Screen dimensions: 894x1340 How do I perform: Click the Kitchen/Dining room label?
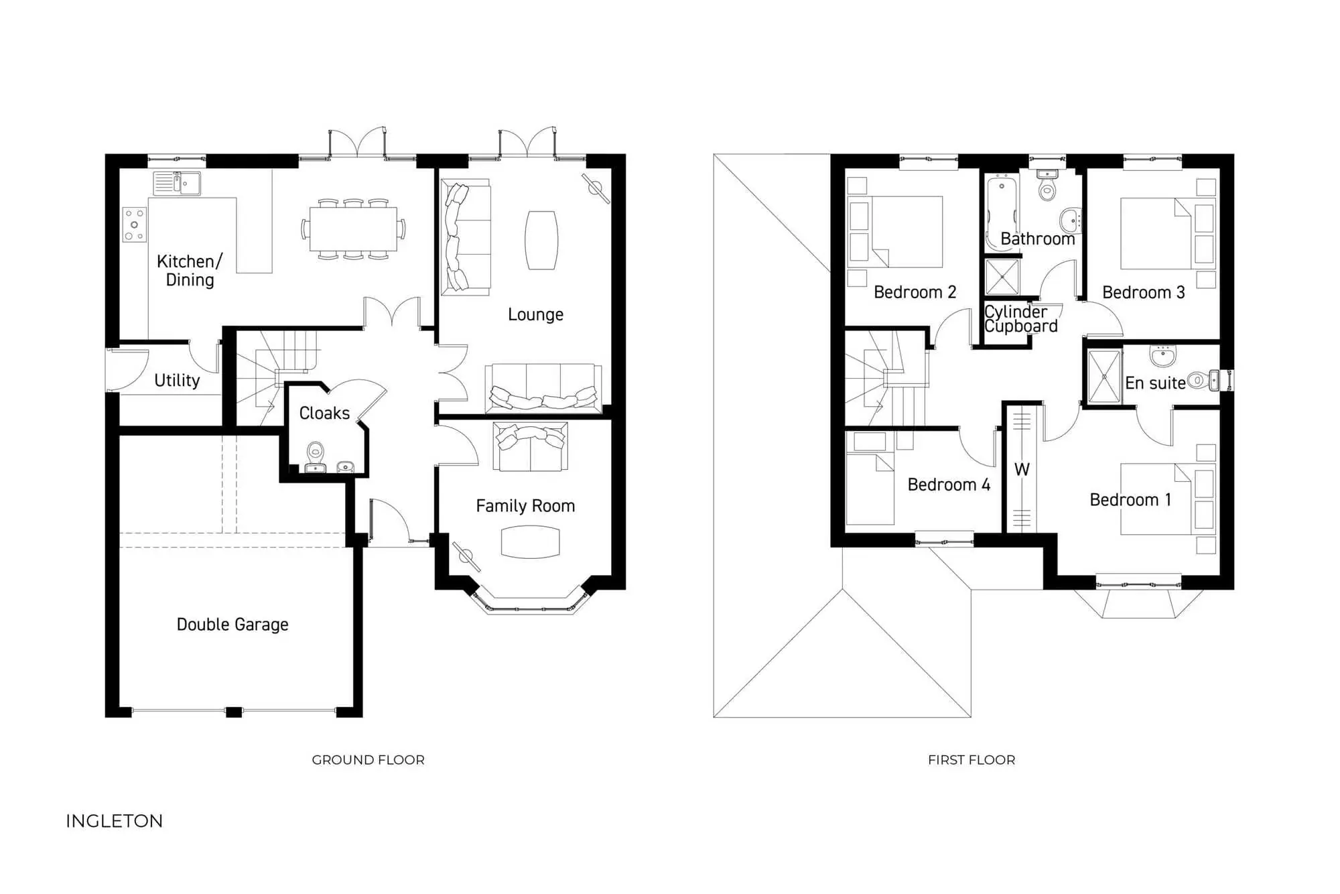(x=189, y=270)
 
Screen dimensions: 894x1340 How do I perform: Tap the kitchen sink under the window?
(x=178, y=183)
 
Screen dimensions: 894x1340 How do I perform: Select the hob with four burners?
(x=135, y=225)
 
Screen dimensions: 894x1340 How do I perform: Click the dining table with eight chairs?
(x=353, y=229)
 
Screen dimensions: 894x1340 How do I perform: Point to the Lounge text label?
(x=535, y=314)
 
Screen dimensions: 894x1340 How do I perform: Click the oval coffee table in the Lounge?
(x=541, y=240)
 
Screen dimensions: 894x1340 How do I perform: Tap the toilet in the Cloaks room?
(x=316, y=455)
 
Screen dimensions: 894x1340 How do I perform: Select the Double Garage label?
(x=232, y=624)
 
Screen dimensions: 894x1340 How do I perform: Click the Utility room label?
(x=177, y=381)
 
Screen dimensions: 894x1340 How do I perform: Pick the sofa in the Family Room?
(x=531, y=446)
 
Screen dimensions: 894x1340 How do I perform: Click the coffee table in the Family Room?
(x=530, y=541)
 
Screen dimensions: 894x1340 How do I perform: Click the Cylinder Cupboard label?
(x=1020, y=319)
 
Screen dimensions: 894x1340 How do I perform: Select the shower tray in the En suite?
(x=1104, y=377)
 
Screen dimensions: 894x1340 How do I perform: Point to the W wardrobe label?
(x=1022, y=470)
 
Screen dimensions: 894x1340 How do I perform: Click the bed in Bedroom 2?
(x=907, y=232)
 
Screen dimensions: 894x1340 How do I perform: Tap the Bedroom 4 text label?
(x=949, y=485)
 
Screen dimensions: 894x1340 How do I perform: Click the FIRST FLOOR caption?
(x=972, y=760)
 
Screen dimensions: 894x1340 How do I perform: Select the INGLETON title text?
(x=115, y=821)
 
